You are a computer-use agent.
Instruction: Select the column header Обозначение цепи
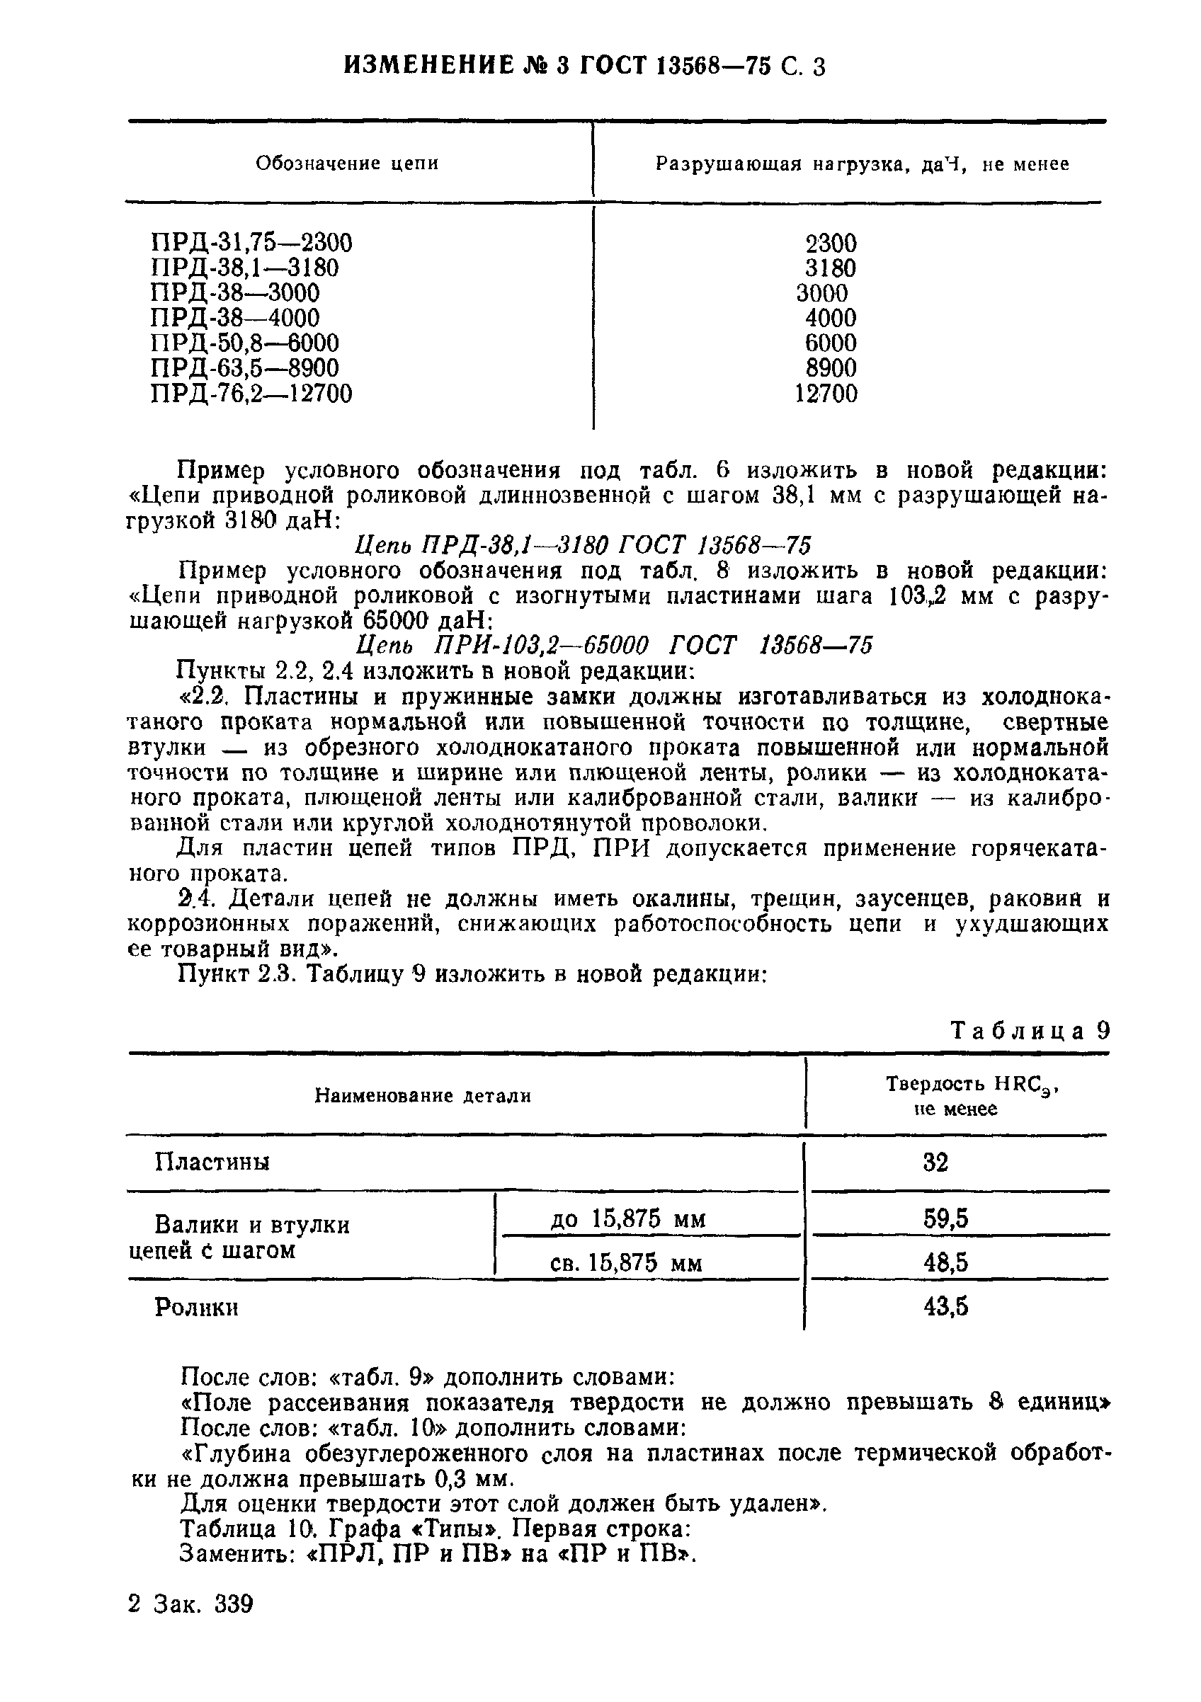pos(347,163)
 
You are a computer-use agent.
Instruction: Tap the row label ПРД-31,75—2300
pos(251,242)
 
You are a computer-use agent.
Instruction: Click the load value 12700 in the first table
pos(826,393)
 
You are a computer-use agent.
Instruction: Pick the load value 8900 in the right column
pos(831,367)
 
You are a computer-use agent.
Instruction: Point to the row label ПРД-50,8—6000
pos(244,343)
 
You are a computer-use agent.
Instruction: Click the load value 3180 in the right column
pos(831,268)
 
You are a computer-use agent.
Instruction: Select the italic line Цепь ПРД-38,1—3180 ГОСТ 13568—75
pos(583,546)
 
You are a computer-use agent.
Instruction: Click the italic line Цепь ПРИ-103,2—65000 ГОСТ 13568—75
pos(614,645)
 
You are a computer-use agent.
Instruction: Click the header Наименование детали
pos(423,1096)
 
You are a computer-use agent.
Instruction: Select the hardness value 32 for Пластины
pos(935,1163)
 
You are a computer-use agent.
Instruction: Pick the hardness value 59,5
pos(946,1218)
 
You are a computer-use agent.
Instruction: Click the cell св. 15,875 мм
pos(627,1262)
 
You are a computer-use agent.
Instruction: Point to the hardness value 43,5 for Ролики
pos(946,1306)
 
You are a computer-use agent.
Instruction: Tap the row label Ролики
pos(196,1308)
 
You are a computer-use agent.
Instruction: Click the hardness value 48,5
pos(946,1262)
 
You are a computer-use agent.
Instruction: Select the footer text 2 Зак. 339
pos(190,1604)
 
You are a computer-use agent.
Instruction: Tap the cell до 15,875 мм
pos(628,1218)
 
